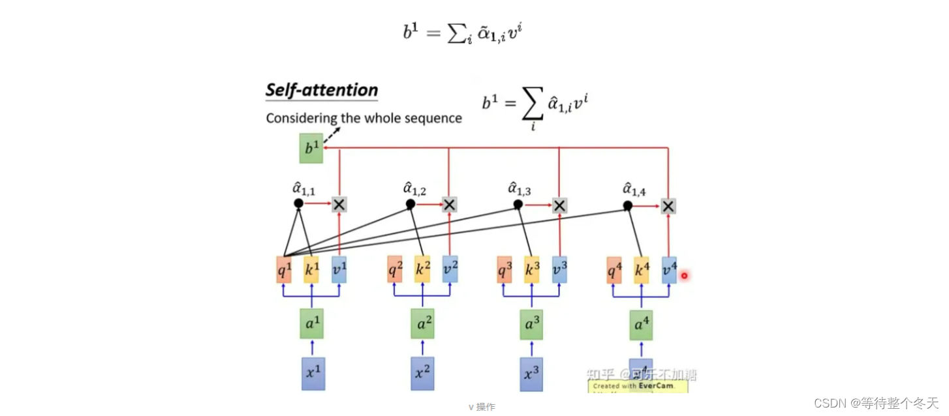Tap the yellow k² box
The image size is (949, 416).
tap(422, 270)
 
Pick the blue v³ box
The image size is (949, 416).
tap(559, 270)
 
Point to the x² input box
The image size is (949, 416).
tap(422, 374)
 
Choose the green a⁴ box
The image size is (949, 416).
tap(641, 325)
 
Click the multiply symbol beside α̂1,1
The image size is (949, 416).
tap(339, 205)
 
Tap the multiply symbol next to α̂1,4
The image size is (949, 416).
tap(668, 206)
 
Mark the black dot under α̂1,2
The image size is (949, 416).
tap(411, 204)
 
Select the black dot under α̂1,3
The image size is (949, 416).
tap(518, 204)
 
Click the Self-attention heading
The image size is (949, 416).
tap(322, 90)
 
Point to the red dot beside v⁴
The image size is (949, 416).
tap(684, 276)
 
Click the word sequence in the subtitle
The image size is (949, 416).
tap(435, 118)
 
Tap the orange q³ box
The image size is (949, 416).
tap(503, 270)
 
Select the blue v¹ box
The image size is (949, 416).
tap(339, 270)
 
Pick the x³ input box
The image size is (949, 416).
tap(532, 374)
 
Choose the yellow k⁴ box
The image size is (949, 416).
tap(642, 270)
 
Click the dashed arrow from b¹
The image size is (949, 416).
tap(333, 135)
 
